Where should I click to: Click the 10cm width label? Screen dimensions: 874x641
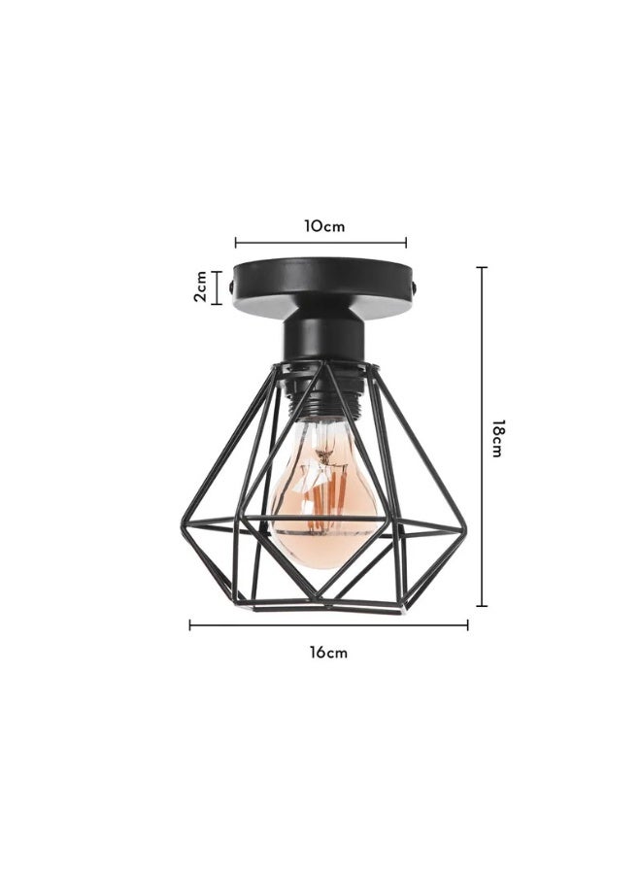pyautogui.click(x=324, y=225)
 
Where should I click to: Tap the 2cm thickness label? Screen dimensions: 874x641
pyautogui.click(x=199, y=287)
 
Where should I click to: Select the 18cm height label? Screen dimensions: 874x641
pyautogui.click(x=496, y=438)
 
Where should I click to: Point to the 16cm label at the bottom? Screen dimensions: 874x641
pyautogui.click(x=328, y=653)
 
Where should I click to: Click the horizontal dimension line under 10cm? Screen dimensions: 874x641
pyautogui.click(x=320, y=244)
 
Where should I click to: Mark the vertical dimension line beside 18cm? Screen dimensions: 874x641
pyautogui.click(x=482, y=437)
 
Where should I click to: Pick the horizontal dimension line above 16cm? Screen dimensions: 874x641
pyautogui.click(x=328, y=625)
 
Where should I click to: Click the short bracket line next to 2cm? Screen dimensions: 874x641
pyautogui.click(x=218, y=287)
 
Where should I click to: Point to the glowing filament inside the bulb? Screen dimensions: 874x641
pyautogui.click(x=323, y=486)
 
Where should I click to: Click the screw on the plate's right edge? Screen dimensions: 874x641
pyautogui.click(x=418, y=288)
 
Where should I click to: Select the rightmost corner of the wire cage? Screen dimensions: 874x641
pyautogui.click(x=465, y=529)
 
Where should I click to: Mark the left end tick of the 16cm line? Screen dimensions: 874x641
pyautogui.click(x=190, y=625)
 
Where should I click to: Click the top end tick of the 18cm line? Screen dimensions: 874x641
pyautogui.click(x=482, y=268)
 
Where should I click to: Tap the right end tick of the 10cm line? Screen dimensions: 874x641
pyautogui.click(x=406, y=244)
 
